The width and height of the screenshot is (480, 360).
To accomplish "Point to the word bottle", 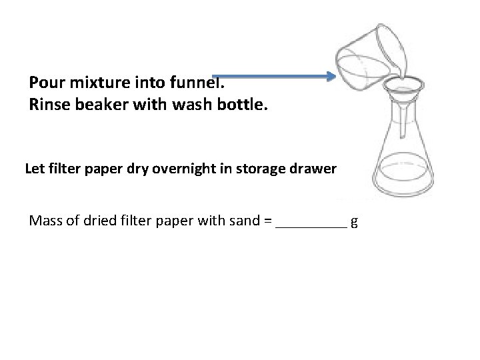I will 241,105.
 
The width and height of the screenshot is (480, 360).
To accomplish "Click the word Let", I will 34,169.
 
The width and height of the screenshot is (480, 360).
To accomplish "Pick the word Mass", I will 45,221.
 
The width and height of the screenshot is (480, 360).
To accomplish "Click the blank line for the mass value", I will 311,224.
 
